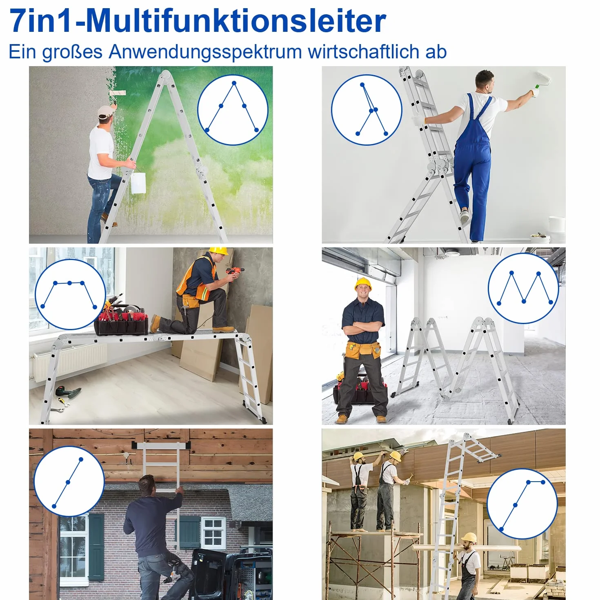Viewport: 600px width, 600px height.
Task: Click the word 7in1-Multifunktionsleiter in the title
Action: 198,21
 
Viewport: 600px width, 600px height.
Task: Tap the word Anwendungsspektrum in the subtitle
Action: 205,52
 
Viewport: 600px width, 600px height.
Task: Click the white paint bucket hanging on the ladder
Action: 138,183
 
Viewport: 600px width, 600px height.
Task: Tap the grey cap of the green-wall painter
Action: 106,111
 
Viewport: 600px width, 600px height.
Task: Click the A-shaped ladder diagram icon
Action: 233,110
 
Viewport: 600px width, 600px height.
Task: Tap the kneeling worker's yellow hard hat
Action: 218,251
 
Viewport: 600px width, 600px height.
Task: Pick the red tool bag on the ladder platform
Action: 122,322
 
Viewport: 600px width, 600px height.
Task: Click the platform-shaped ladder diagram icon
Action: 70,294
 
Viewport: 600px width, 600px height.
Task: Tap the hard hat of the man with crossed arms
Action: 363,284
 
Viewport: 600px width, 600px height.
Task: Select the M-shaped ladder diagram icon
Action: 523,288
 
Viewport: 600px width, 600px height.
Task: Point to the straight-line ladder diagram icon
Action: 69,482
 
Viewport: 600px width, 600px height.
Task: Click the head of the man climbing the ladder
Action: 147,486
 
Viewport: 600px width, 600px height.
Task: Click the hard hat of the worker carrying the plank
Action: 469,538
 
